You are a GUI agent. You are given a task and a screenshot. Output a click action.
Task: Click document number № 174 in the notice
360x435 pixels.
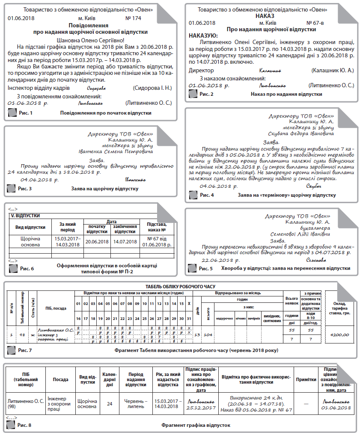133,18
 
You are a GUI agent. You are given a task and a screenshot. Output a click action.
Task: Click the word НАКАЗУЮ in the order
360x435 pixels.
203,36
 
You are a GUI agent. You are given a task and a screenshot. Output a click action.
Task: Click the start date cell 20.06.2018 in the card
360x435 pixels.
97,242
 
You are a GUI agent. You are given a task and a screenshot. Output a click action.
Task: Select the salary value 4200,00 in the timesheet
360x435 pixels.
339,334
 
